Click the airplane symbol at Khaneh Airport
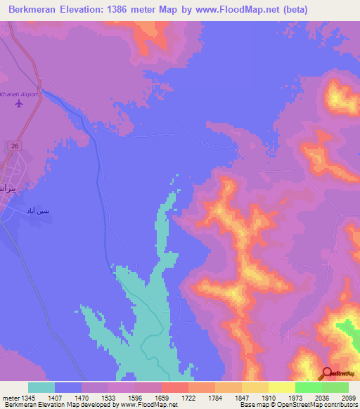pos(19,104)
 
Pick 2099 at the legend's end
pos(348,398)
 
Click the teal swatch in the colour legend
pos(41,387)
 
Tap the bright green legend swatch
pos(309,387)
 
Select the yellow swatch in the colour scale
pos(282,387)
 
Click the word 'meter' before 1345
pos(10,398)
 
